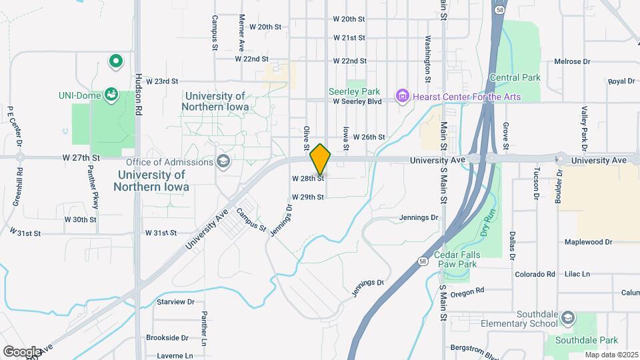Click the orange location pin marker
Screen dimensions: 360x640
(x=321, y=159)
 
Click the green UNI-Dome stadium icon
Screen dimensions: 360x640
(x=111, y=95)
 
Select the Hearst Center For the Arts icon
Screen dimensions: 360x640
(x=402, y=97)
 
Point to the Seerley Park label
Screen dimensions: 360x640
(x=354, y=91)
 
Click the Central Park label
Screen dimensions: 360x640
(x=515, y=78)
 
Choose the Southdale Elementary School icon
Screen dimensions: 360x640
(x=568, y=316)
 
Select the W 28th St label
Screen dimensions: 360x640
(x=307, y=179)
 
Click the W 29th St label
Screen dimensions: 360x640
(x=307, y=197)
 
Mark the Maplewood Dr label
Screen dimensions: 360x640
(x=588, y=242)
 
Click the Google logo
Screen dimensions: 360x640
(x=22, y=351)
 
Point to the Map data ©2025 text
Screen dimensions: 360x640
(x=611, y=355)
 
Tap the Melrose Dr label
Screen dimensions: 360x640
(x=572, y=61)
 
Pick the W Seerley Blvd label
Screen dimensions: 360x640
(x=357, y=102)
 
